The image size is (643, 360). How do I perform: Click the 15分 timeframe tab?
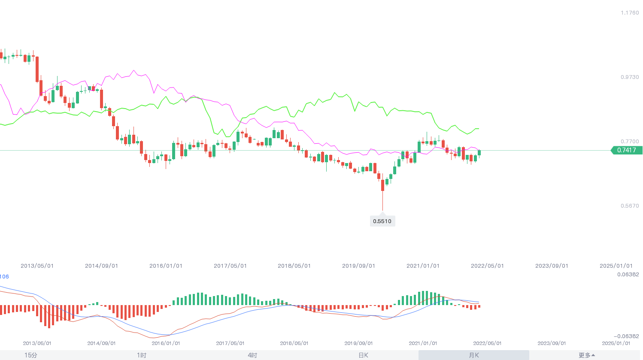tap(31, 355)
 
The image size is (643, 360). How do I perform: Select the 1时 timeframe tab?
tap(142, 355)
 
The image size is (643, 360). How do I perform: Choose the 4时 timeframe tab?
tap(252, 355)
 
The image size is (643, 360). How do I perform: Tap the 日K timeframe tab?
tap(363, 355)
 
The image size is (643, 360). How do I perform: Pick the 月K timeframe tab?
tap(474, 355)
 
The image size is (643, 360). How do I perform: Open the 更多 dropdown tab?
tap(586, 355)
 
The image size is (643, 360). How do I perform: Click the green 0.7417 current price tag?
tap(627, 150)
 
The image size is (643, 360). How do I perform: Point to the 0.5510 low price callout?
tap(382, 221)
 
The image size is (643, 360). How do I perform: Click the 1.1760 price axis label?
tap(630, 13)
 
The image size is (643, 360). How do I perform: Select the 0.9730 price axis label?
tap(630, 77)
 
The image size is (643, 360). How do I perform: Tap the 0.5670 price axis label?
tap(630, 206)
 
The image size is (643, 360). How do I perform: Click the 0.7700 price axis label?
tap(630, 142)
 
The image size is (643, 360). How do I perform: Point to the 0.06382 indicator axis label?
tap(628, 275)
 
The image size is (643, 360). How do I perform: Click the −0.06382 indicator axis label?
tap(626, 336)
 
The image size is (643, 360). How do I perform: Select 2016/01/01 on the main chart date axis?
tap(166, 266)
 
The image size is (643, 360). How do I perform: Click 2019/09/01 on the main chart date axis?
tap(358, 266)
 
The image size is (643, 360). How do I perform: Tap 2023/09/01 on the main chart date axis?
tap(552, 266)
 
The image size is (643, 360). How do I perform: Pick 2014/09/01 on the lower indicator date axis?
tap(101, 343)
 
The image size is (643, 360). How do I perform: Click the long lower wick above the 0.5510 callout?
tap(382, 201)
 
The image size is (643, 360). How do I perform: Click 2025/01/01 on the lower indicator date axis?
tap(616, 343)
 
